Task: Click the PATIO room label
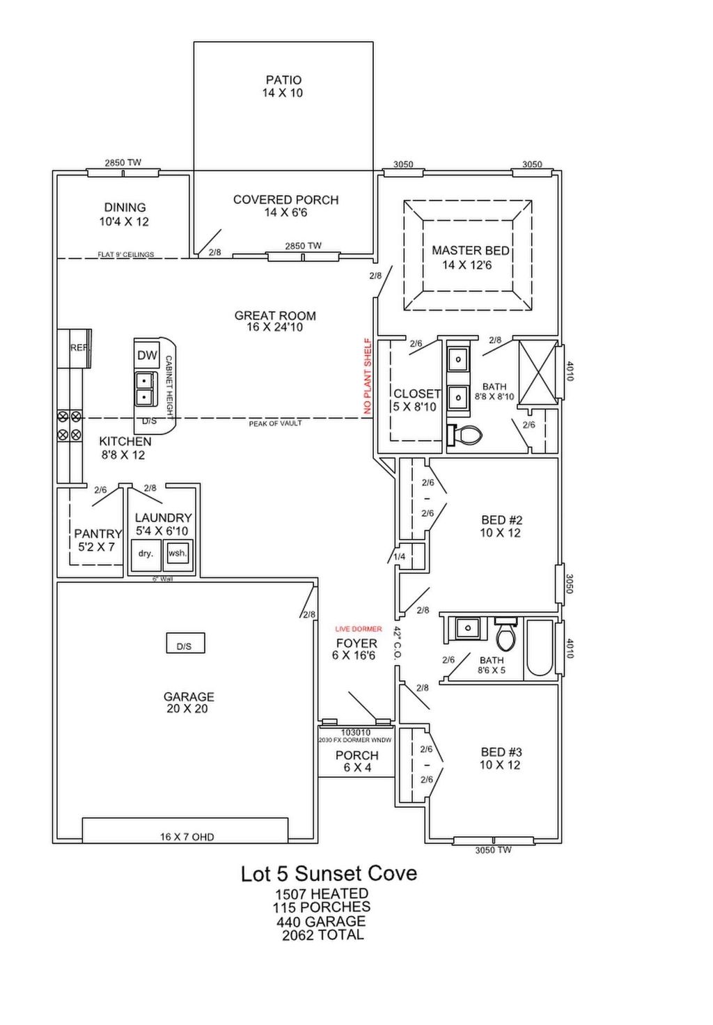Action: point(283,80)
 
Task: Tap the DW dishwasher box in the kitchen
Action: point(147,355)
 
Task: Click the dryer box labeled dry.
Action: point(146,554)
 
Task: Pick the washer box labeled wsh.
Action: point(177,554)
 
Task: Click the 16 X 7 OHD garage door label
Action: point(187,836)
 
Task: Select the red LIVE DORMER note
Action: point(358,629)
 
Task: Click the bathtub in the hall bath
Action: point(539,648)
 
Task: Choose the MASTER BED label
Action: point(470,251)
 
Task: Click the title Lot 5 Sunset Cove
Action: point(329,873)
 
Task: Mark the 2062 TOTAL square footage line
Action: point(322,935)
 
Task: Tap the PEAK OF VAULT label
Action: point(275,423)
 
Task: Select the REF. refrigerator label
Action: point(79,347)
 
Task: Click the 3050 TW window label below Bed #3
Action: point(493,850)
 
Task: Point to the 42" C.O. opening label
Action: point(397,643)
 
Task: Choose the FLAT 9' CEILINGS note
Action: point(125,255)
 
